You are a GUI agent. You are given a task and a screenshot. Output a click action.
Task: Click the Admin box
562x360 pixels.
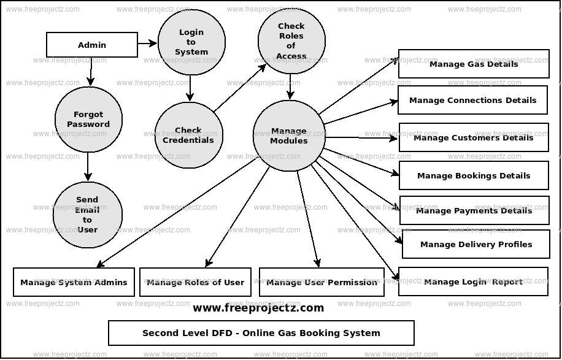pos(92,45)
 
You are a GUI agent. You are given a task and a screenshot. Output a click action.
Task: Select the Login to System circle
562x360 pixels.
pos(191,42)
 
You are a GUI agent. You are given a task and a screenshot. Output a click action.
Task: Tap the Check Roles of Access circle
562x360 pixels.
pos(291,41)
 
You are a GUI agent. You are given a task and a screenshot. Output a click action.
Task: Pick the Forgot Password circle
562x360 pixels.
pos(88,120)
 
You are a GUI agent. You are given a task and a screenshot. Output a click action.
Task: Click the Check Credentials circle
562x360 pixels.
pos(188,135)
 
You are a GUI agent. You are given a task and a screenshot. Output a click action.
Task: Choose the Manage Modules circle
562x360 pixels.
pos(288,136)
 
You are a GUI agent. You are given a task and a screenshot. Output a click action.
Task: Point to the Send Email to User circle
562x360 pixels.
pos(87,215)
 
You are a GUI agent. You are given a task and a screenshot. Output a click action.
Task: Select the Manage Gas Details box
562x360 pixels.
pos(473,64)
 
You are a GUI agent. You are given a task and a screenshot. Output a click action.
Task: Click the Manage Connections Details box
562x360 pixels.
pos(472,100)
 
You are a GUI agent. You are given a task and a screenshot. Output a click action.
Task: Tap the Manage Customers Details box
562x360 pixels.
pos(473,137)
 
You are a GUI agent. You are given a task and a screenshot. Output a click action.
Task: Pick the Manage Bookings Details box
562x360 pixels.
pos(473,175)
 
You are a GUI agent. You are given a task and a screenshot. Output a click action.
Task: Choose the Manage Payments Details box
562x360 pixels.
pos(474,210)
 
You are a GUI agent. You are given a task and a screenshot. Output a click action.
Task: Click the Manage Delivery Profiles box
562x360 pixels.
pos(475,244)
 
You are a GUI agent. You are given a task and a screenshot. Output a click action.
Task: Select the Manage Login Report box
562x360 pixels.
pos(473,281)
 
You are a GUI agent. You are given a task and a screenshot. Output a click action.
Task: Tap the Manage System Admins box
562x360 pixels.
pos(74,282)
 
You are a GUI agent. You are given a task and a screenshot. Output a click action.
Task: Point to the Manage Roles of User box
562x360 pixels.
pos(195,282)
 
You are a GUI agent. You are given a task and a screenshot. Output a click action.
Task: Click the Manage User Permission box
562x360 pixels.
pos(321,282)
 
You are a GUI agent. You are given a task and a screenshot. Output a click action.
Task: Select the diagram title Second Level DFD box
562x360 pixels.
pos(261,333)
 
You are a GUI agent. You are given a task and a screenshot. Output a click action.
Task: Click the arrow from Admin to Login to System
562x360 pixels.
pos(147,43)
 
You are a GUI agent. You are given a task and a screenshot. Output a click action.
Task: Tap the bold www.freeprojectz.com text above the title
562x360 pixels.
pos(258,308)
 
